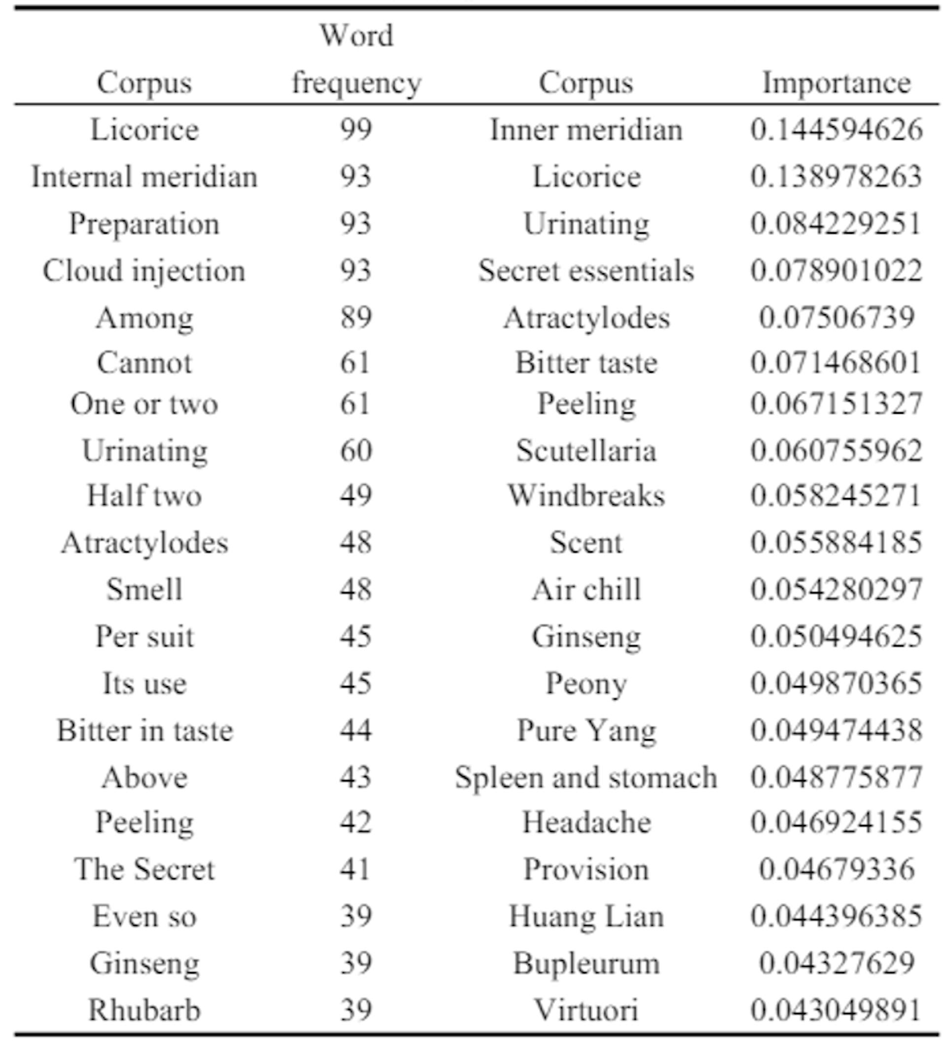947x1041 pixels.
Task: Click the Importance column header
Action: pyautogui.click(x=837, y=83)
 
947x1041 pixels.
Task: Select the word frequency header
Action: pyautogui.click(x=356, y=59)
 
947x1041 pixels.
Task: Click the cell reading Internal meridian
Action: pyautogui.click(x=145, y=177)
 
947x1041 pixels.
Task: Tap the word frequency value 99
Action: pyautogui.click(x=356, y=129)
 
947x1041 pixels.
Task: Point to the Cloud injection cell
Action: pyautogui.click(x=144, y=271)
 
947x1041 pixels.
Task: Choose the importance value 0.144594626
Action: pyautogui.click(x=837, y=129)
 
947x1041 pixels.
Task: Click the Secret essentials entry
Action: pyautogui.click(x=586, y=271)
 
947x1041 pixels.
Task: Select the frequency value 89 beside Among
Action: pyautogui.click(x=356, y=317)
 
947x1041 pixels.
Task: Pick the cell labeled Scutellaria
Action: pyautogui.click(x=586, y=450)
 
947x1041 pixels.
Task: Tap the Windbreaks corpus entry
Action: pyautogui.click(x=586, y=496)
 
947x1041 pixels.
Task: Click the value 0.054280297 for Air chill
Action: pyautogui.click(x=837, y=589)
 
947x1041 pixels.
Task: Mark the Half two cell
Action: pyautogui.click(x=144, y=496)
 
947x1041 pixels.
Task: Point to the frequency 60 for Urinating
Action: pyautogui.click(x=356, y=450)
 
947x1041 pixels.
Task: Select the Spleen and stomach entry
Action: pyautogui.click(x=586, y=777)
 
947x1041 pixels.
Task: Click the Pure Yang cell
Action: pyautogui.click(x=586, y=730)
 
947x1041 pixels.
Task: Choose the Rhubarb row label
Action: pyautogui.click(x=144, y=1010)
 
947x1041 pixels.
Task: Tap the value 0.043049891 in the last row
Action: pyautogui.click(x=837, y=1010)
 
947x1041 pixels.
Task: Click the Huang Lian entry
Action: pyautogui.click(x=586, y=917)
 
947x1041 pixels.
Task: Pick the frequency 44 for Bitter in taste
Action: pyautogui.click(x=356, y=730)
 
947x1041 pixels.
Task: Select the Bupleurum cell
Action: pyautogui.click(x=586, y=964)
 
